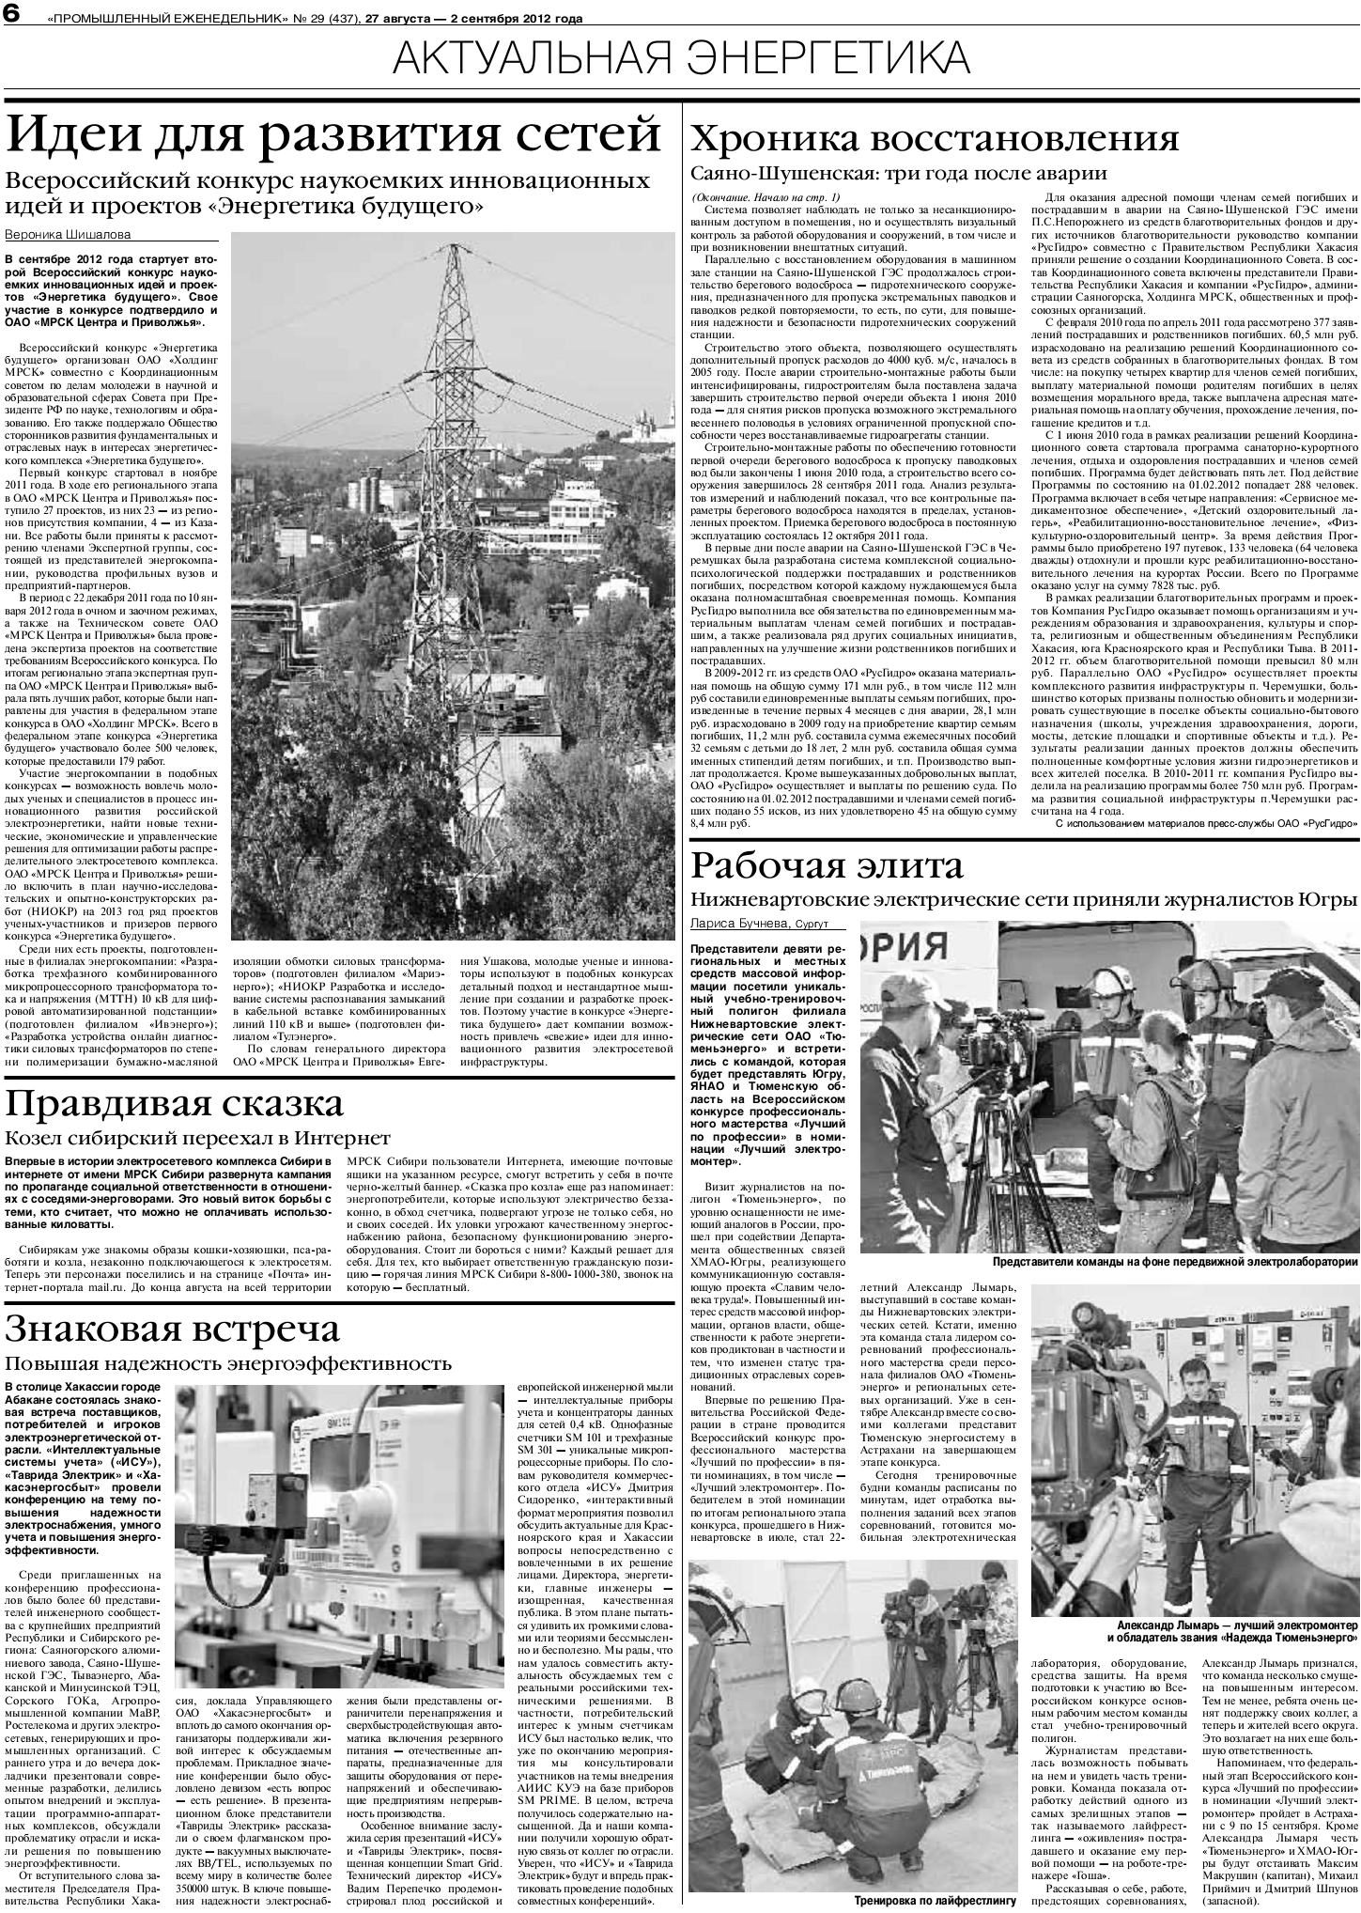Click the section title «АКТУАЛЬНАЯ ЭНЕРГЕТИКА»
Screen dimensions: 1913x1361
[x=681, y=59]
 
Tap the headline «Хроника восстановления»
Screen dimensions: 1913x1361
[x=935, y=138]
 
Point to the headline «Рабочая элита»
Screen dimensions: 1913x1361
[x=827, y=865]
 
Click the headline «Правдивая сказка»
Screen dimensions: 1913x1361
[x=175, y=1105]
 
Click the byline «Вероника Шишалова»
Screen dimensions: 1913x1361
[x=68, y=234]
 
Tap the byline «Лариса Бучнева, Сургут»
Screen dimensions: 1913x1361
[x=766, y=924]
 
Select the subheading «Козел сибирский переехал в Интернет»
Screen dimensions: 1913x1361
[x=184, y=1139]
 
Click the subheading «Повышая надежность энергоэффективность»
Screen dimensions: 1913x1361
[x=228, y=1363]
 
